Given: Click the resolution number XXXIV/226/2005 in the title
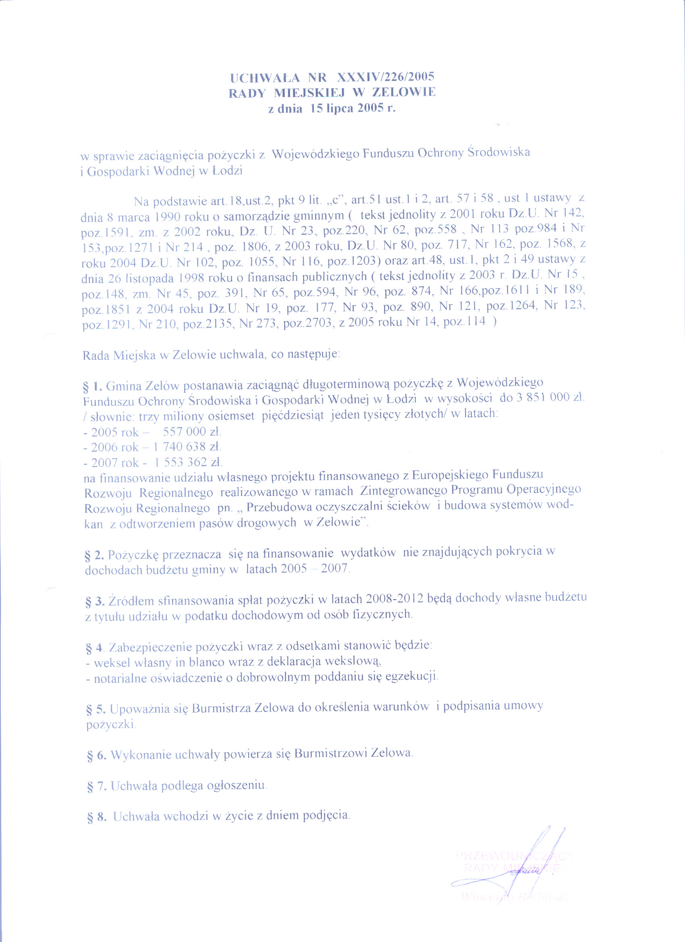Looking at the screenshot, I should click(386, 77).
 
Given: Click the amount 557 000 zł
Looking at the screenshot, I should click(192, 432).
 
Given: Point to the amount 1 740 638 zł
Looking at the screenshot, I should click(187, 447).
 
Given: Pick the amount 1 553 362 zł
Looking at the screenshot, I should click(188, 462).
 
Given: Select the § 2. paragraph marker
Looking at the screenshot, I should click(94, 555).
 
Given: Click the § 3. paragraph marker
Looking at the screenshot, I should click(94, 602).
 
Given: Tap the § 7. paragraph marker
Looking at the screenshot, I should click(96, 786).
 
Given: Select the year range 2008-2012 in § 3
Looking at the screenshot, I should click(395, 598).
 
